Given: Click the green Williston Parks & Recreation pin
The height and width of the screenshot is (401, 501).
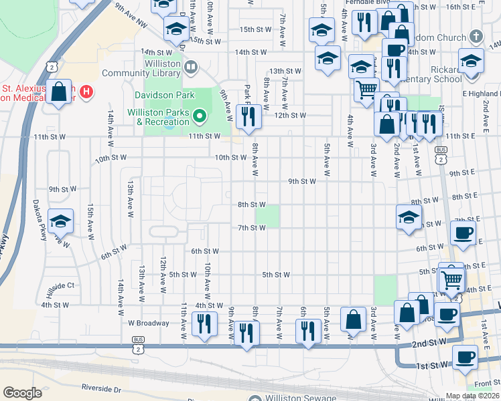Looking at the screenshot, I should click(x=199, y=118).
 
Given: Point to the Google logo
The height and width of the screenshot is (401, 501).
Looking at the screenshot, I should click(x=22, y=393).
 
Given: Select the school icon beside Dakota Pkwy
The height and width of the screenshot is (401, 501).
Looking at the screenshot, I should click(x=61, y=222).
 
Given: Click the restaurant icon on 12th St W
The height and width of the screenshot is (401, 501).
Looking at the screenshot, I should click(x=250, y=115).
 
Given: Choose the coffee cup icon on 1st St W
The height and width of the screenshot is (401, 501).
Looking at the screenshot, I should click(x=465, y=358).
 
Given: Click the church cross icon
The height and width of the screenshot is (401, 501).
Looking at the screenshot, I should click(x=476, y=36).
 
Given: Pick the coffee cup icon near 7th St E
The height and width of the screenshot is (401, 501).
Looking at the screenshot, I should click(x=463, y=234).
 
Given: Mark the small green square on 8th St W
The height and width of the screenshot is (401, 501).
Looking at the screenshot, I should click(x=268, y=216).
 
